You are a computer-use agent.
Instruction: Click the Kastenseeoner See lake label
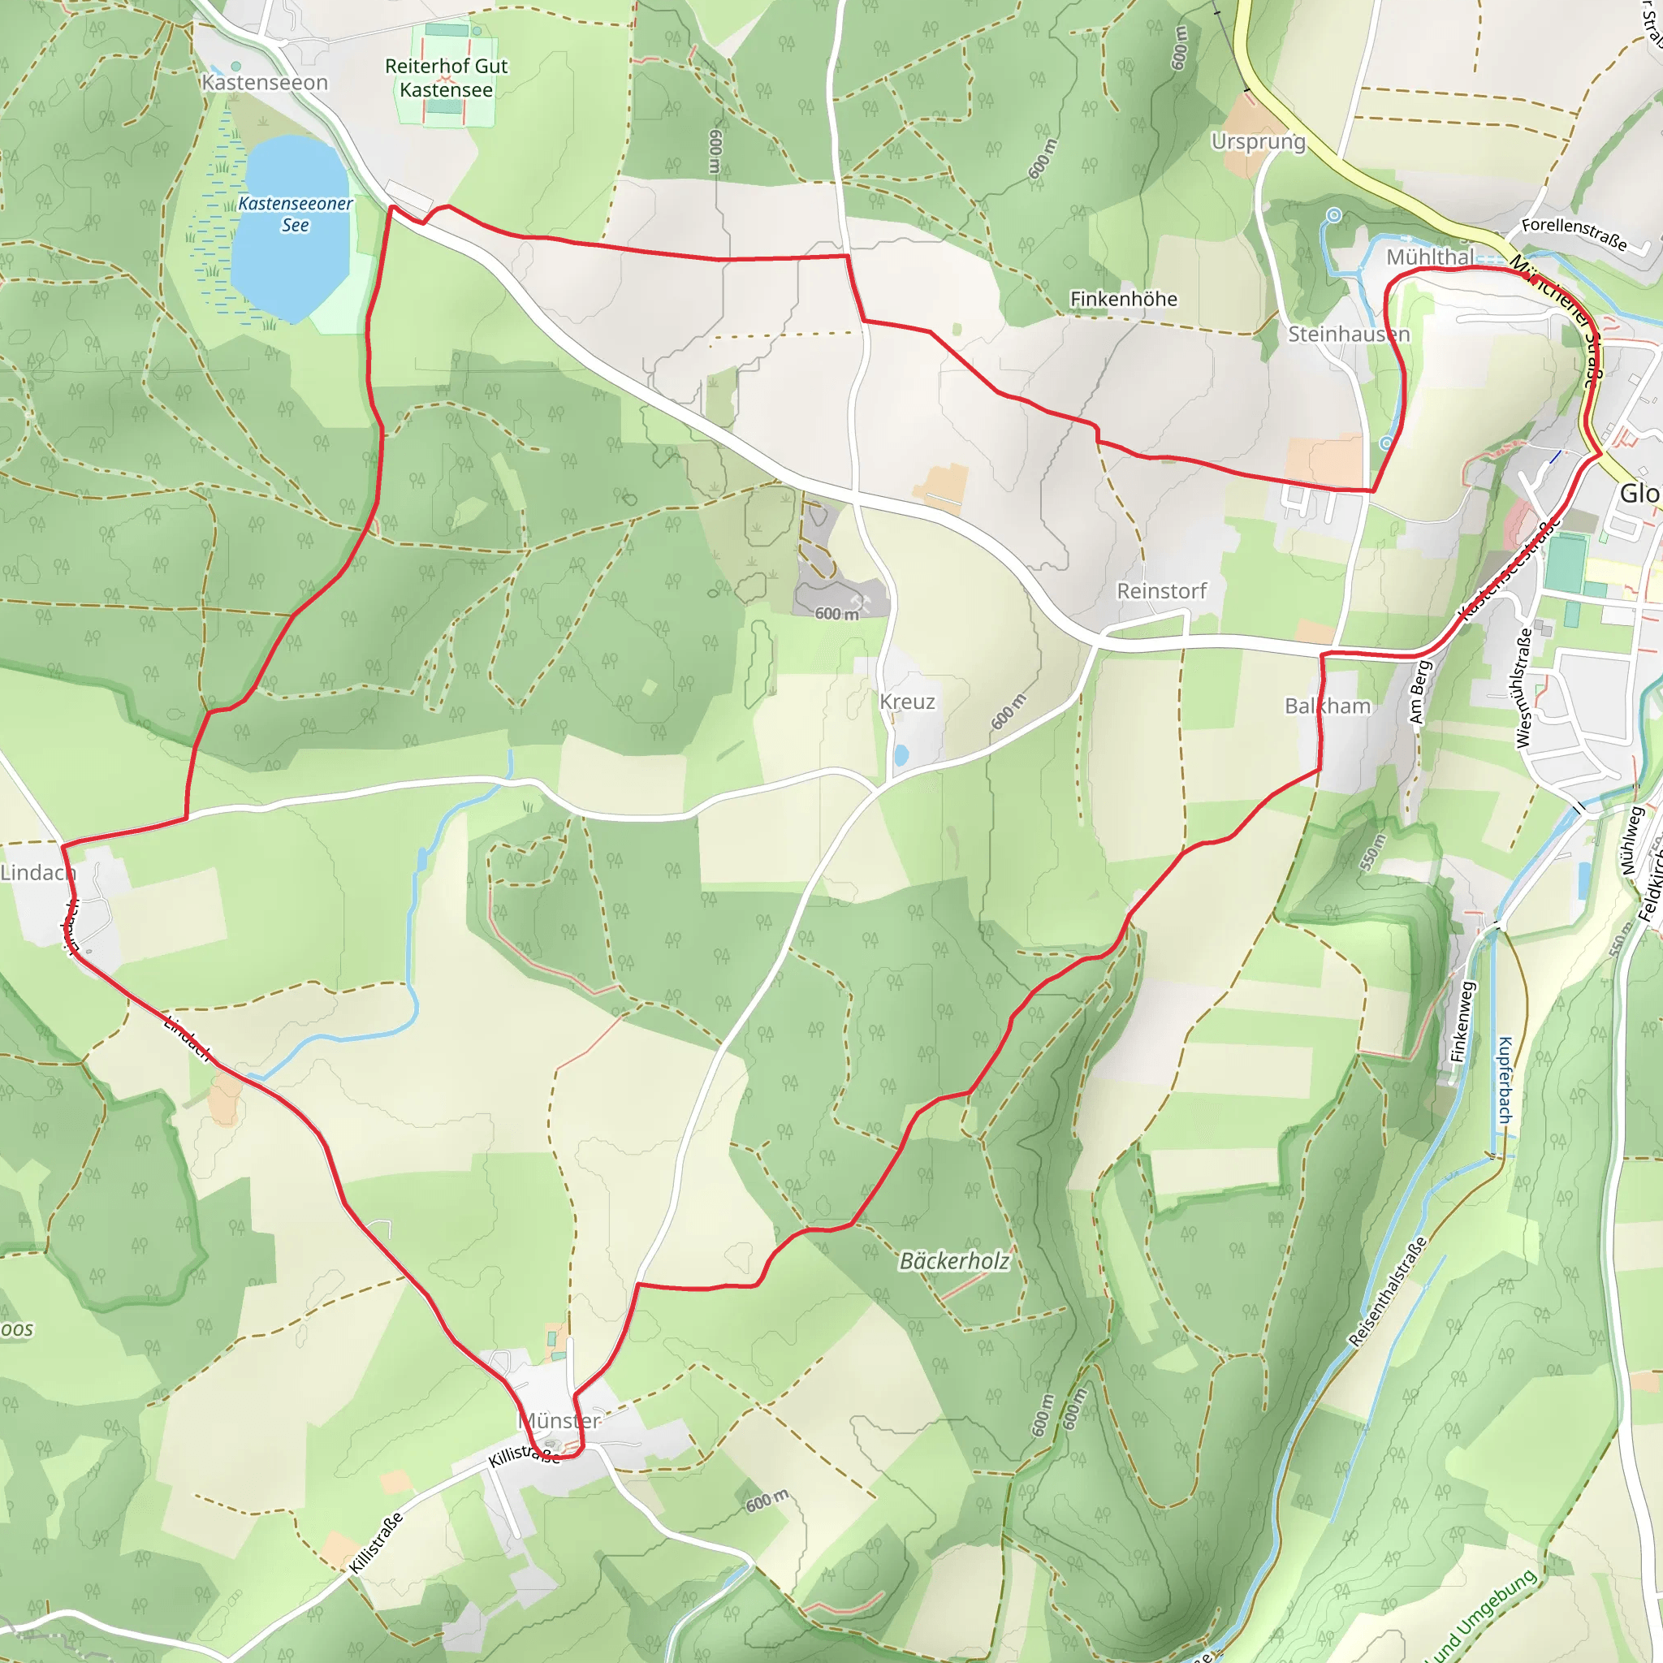[295, 214]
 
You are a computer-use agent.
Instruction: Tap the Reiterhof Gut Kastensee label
[446, 77]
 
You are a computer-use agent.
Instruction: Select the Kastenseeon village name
[264, 83]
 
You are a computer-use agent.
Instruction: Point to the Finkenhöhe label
[1123, 299]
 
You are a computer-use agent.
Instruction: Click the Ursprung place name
[1258, 141]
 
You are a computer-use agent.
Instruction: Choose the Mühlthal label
[1430, 257]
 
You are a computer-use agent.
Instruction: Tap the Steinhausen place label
[1348, 334]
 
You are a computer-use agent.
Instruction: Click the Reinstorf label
[1161, 591]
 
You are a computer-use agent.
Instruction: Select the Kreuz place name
[906, 702]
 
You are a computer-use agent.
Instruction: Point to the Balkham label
[1328, 706]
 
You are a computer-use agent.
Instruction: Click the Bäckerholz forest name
[954, 1261]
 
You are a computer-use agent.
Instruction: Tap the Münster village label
[559, 1421]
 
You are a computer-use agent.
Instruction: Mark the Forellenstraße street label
[1574, 234]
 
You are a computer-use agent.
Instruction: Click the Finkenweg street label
[1462, 1022]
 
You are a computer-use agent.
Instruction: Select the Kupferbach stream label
[1504, 1079]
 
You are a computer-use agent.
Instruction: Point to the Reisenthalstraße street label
[1387, 1291]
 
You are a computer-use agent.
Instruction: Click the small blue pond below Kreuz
[901, 756]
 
